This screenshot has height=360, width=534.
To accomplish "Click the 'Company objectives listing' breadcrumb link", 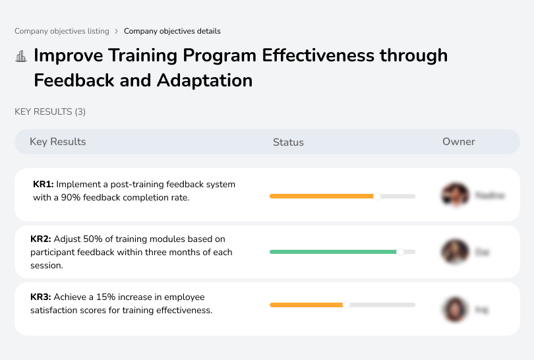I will pos(62,31).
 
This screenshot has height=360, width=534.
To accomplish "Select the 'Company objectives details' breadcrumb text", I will pos(172,31).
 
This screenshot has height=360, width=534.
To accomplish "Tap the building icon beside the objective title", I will pos(21,56).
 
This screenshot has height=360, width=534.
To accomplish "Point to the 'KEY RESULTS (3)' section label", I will pos(50,112).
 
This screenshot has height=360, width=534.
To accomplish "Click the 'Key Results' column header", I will pos(57,142).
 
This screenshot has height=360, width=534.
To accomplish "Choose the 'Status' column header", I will pos(288,142).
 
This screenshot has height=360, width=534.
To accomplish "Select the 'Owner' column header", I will pos(459,142).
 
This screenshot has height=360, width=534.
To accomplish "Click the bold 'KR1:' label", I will pos(43,185).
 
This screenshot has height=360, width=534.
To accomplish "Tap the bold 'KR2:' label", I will pos(41,239).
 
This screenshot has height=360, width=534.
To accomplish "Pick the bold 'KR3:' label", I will pos(41,297).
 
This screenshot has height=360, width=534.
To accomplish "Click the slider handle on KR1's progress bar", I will pos(377,196).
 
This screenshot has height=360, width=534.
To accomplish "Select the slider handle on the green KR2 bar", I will pos(400,252).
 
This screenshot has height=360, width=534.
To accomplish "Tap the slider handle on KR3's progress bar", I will pos(346,305).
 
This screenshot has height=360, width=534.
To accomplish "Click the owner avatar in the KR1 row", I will pos(454,195).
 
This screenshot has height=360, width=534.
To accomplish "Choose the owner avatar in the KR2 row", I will pos(454,252).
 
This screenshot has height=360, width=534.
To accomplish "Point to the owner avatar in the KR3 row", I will pos(454,309).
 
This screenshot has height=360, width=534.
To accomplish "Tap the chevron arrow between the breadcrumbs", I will pos(117,31).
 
